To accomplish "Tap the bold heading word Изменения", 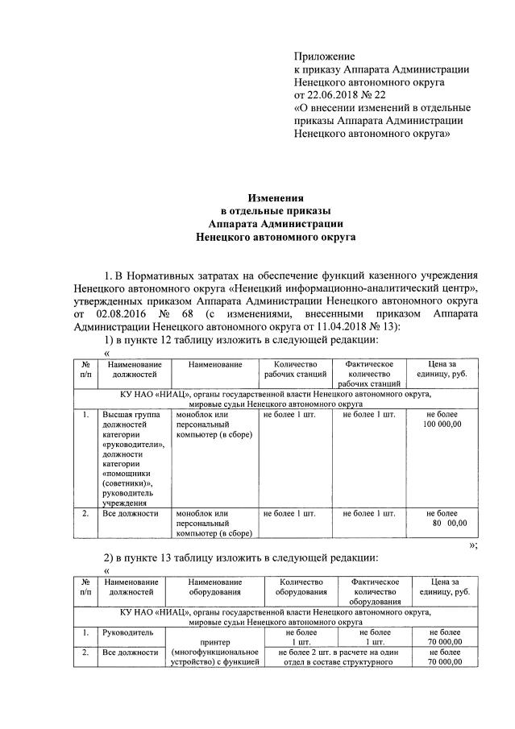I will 275,197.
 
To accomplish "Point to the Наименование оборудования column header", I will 215,587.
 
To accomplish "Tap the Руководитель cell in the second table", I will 123,633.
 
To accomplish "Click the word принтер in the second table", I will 215,643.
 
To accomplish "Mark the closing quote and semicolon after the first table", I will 474,545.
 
